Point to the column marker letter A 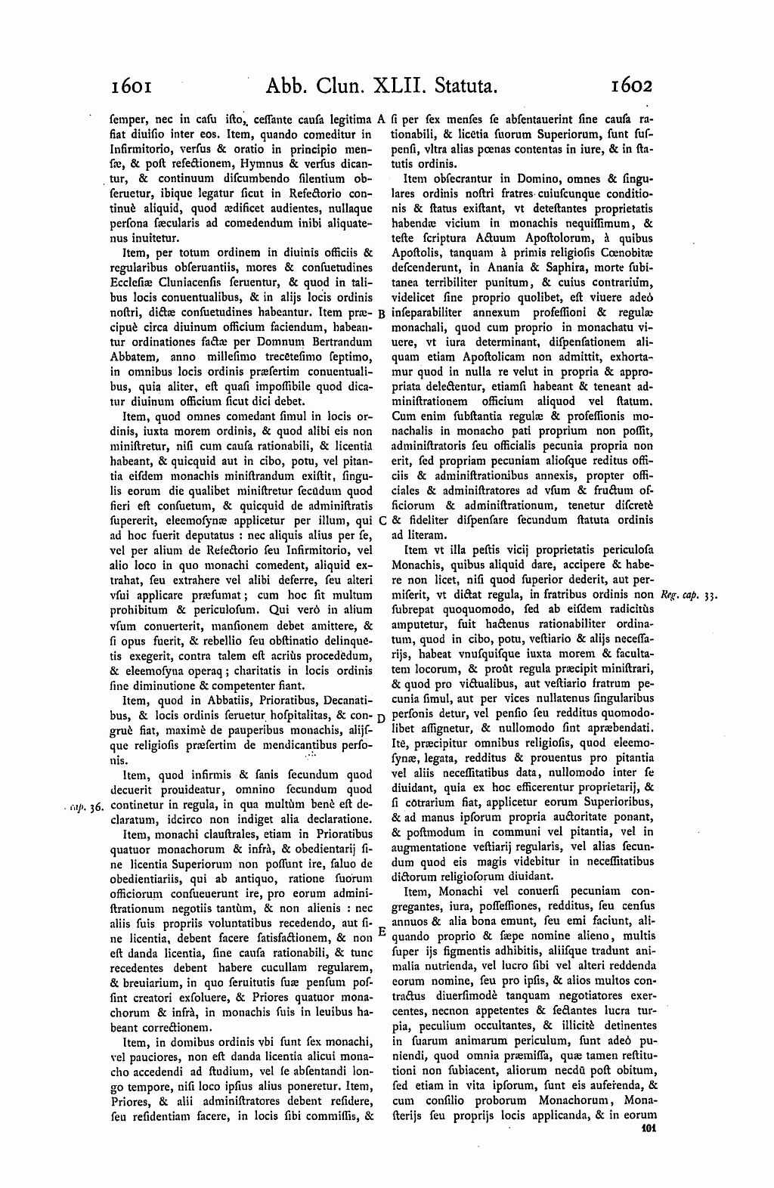coord(382,119)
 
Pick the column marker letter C coord(382,521)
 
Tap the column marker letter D coord(382,717)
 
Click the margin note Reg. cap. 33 coord(687,596)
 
